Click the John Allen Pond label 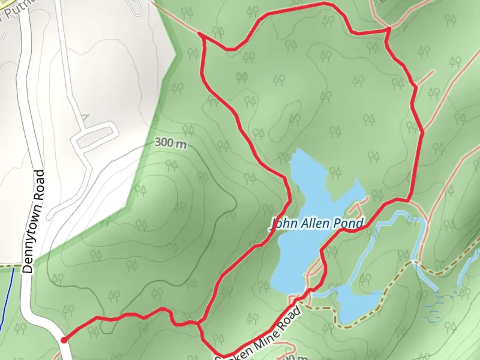pos(317,224)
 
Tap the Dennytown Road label pos(34,222)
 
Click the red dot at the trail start pos(63,340)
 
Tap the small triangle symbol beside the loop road pos(85,117)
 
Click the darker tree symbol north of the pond pos(242,78)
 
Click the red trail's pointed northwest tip pos(199,33)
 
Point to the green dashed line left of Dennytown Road pos(10,266)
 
